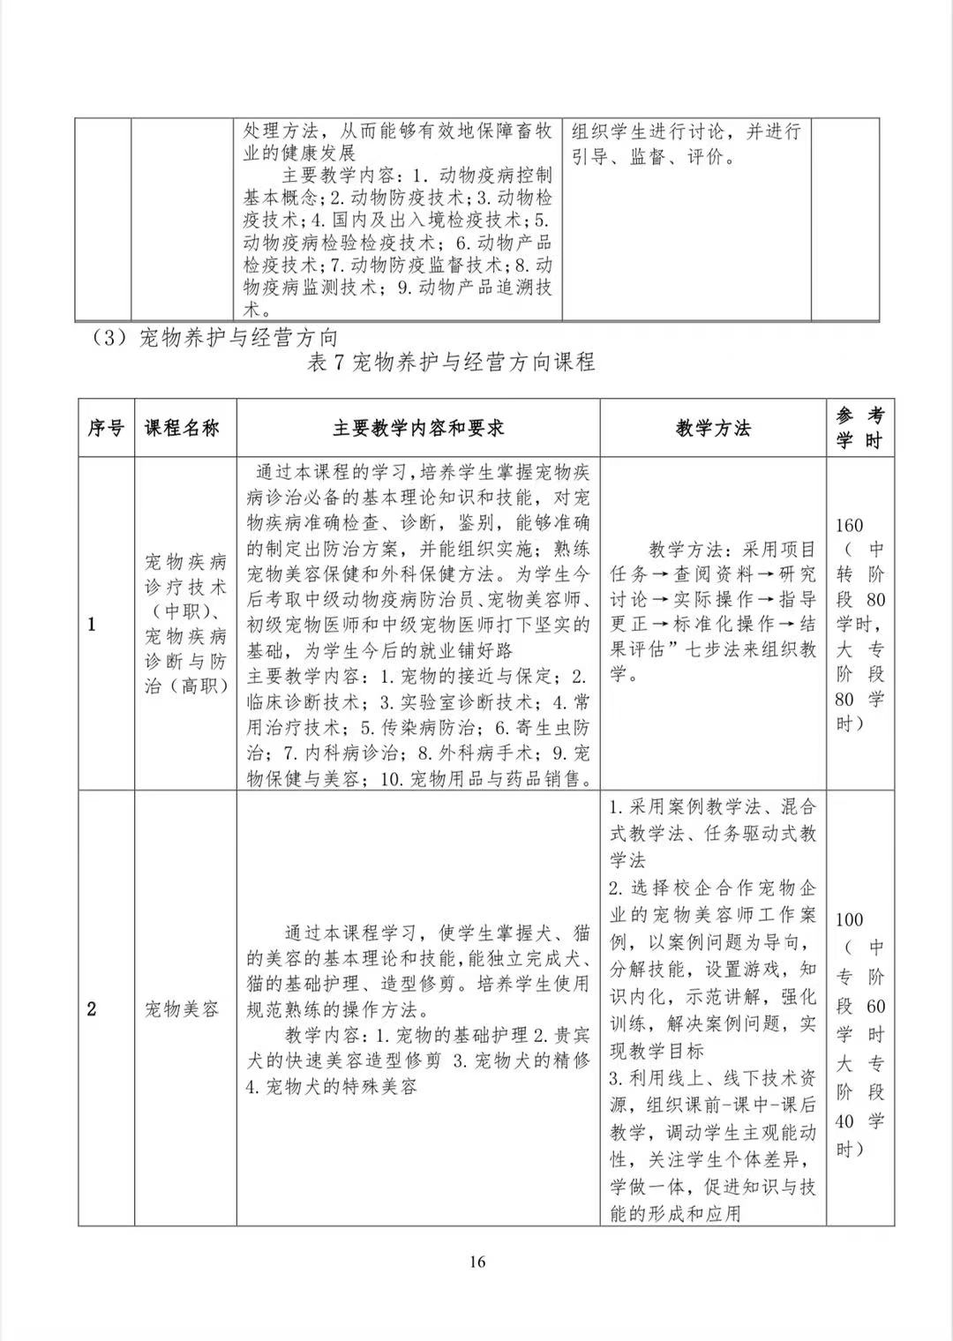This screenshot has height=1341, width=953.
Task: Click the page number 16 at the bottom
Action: pos(476,1262)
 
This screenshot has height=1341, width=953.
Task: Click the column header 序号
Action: pos(106,429)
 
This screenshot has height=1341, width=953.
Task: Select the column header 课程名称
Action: pos(183,429)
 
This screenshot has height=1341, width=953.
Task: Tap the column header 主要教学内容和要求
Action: pos(418,429)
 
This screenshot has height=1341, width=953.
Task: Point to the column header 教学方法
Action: pos(713,429)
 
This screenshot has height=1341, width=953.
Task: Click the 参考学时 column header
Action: pos(859,429)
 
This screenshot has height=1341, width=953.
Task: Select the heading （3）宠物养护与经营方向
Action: pos(215,338)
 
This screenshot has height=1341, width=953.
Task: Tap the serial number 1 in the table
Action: pos(92,625)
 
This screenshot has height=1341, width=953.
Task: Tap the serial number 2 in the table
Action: pos(92,1008)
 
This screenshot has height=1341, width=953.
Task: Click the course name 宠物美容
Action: pos(183,1008)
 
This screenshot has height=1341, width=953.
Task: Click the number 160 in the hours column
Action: pos(849,526)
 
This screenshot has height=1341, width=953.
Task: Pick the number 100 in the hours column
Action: pos(849,919)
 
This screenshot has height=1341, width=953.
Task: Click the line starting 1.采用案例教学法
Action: pos(713,806)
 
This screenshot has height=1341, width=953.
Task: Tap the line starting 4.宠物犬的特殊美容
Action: pos(332,1087)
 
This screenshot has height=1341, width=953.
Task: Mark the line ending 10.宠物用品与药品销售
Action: pos(418,778)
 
